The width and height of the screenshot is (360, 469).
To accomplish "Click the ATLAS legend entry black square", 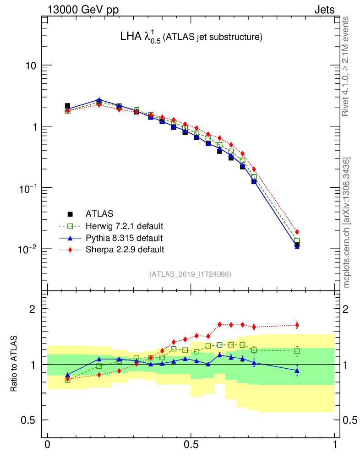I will (x=70, y=213).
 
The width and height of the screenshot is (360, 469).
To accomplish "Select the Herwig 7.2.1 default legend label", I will (x=125, y=226).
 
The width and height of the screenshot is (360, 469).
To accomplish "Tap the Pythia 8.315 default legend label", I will (x=124, y=238).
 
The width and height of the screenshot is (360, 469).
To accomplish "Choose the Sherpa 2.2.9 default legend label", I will (x=125, y=250).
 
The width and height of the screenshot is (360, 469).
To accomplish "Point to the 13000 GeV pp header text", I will (x=83, y=10).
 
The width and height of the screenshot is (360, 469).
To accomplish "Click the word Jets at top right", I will (x=324, y=10).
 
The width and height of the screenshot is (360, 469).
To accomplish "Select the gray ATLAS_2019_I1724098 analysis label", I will (x=190, y=274).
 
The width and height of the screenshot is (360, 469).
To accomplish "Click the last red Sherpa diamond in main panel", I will (x=297, y=232).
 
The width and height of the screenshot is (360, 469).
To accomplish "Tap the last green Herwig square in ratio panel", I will (x=297, y=352).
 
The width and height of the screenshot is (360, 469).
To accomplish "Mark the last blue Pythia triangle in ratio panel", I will (x=297, y=370).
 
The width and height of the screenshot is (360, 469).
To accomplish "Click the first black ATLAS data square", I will (x=67, y=106).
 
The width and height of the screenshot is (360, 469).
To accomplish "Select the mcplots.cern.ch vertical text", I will (x=347, y=223).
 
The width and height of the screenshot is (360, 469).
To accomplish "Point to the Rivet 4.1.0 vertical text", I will (x=347, y=67).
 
